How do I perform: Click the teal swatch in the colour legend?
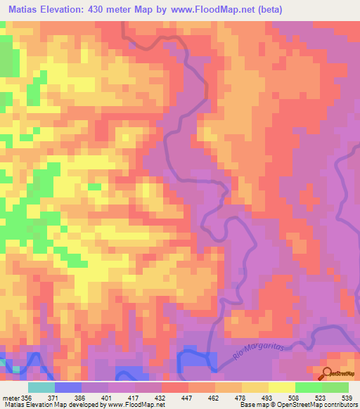[41, 387]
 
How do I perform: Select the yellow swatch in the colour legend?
[281, 387]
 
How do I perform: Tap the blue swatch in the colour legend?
[68, 387]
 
